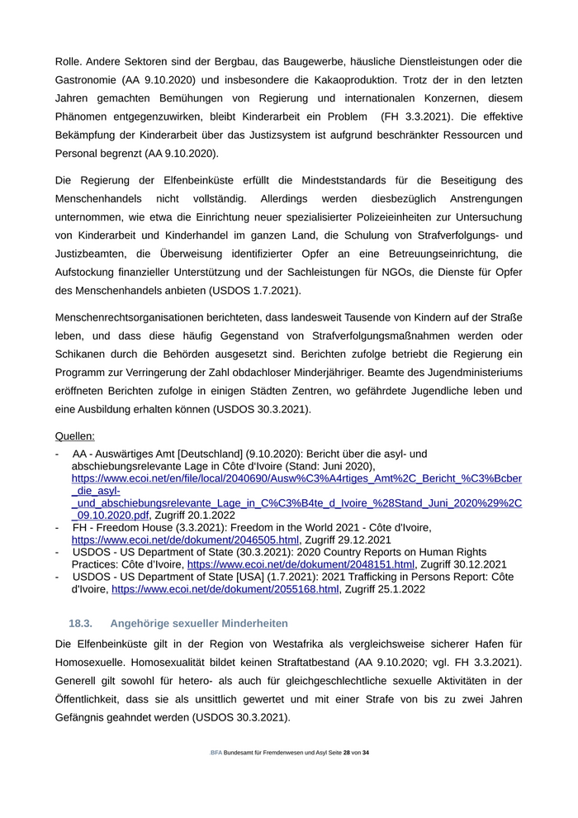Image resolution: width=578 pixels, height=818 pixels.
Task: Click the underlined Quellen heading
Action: click(x=75, y=435)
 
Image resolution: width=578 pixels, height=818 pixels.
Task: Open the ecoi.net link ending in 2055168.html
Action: click(x=225, y=589)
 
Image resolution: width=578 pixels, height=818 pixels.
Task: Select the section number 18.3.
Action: click(x=80, y=623)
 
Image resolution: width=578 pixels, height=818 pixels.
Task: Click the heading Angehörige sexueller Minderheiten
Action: click(x=199, y=623)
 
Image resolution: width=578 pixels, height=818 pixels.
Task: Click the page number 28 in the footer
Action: click(x=347, y=754)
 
